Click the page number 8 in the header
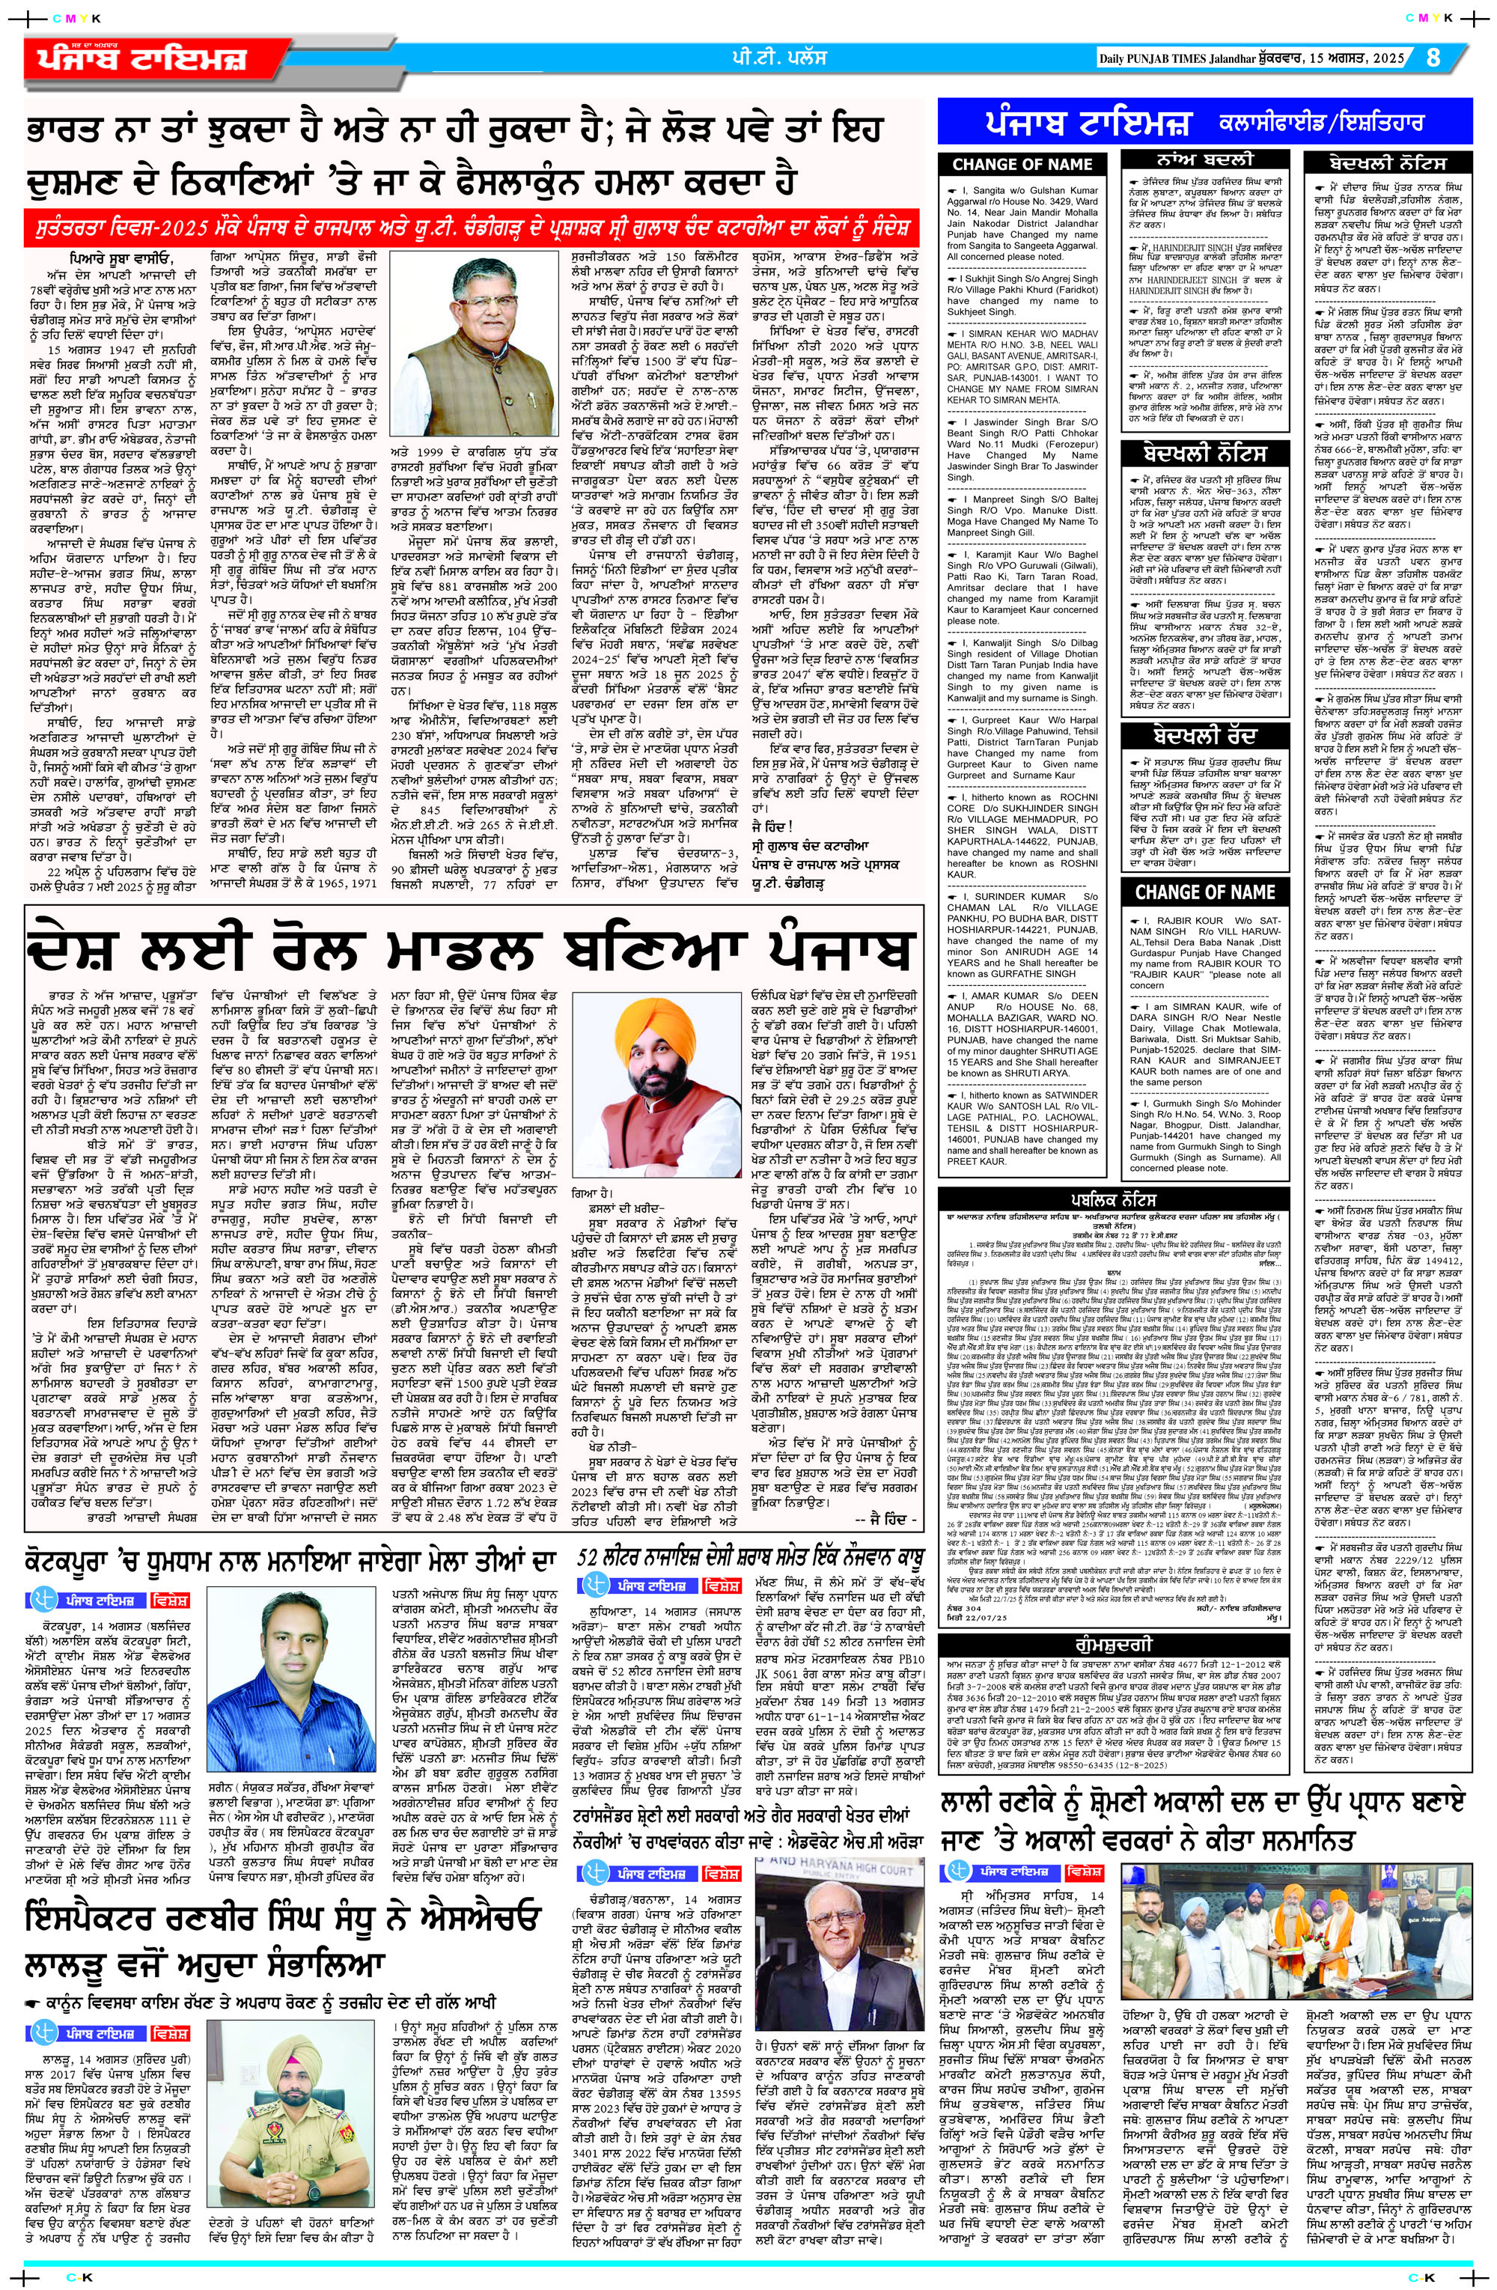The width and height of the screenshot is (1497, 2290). point(1433,57)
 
